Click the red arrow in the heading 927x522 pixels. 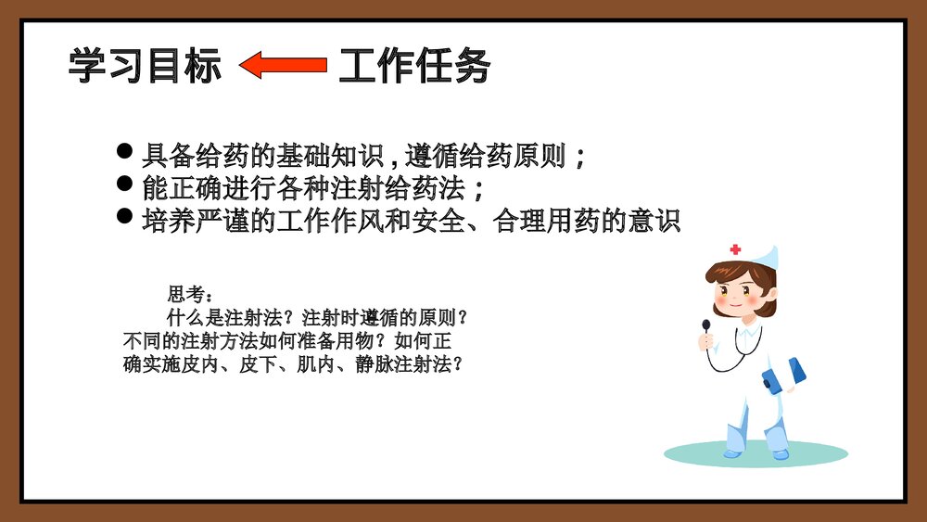click(283, 65)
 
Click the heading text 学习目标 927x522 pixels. click(146, 66)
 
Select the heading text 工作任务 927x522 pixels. click(413, 66)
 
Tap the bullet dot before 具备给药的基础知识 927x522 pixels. click(126, 150)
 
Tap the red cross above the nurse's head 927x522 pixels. click(736, 249)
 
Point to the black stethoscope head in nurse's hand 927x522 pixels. click(706, 325)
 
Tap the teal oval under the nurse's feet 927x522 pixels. click(756, 453)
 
